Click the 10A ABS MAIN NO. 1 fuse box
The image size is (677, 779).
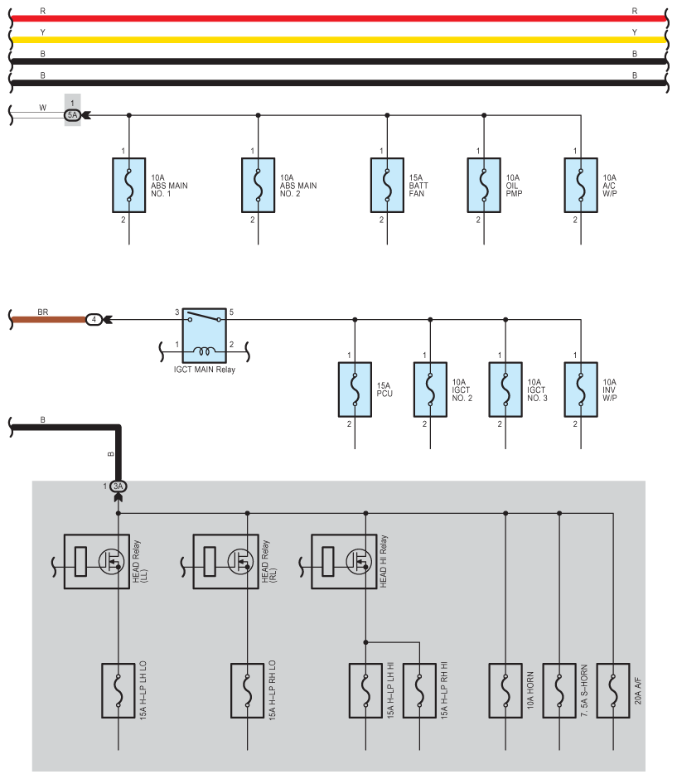click(128, 186)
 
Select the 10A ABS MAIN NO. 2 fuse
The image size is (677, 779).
click(258, 186)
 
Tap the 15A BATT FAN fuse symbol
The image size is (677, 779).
click(387, 186)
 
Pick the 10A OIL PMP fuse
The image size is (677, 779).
click(484, 186)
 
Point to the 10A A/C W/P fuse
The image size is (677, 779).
click(581, 186)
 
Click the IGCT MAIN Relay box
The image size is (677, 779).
click(204, 336)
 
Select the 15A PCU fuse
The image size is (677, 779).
click(355, 389)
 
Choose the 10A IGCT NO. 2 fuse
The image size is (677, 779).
click(430, 389)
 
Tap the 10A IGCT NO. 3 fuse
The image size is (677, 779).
click(505, 389)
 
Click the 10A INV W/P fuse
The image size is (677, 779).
click(581, 389)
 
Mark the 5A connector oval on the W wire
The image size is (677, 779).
click(73, 115)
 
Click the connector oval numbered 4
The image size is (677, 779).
click(94, 319)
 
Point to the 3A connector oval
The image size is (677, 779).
click(118, 486)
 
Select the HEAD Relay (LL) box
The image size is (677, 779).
click(97, 561)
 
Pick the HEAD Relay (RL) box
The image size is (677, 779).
click(225, 561)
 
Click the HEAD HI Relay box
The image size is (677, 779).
click(344, 561)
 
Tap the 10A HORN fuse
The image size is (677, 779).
click(505, 690)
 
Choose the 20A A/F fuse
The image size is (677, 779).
click(613, 690)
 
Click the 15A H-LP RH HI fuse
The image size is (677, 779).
click(419, 690)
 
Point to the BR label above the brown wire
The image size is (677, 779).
click(43, 312)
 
